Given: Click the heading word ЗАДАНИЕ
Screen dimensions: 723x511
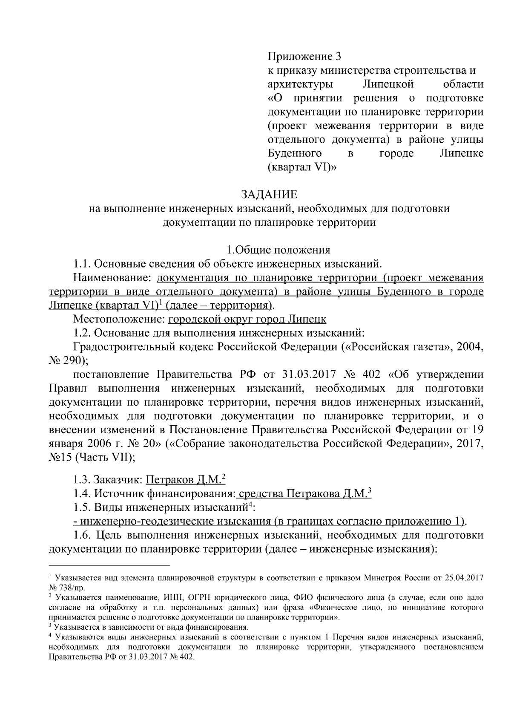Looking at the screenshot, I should [x=269, y=195].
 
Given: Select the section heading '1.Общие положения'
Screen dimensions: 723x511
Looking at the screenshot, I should [x=278, y=250].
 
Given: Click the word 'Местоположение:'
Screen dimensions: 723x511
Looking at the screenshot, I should [x=119, y=319].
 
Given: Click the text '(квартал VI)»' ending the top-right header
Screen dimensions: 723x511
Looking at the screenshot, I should [x=301, y=167].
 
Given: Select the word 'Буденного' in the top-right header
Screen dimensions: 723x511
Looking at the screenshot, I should [x=294, y=153].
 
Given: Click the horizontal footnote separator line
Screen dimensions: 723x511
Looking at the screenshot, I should [x=109, y=566].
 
